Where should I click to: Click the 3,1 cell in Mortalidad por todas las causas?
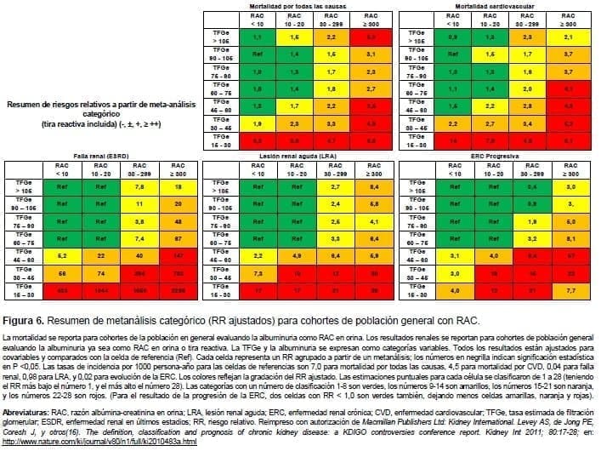click(370, 52)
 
